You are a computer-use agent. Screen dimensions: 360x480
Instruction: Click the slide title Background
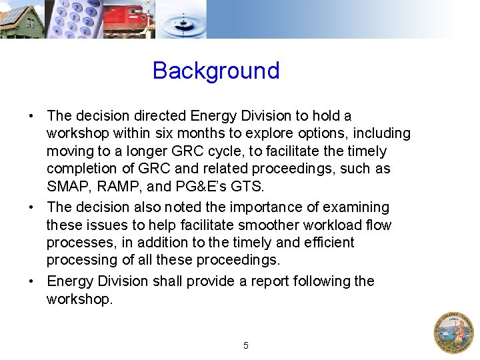(215, 71)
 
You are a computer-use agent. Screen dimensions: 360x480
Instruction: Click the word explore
(267, 134)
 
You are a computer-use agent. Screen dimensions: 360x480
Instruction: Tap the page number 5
(245, 345)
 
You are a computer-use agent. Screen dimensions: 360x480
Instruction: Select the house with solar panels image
(21, 19)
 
